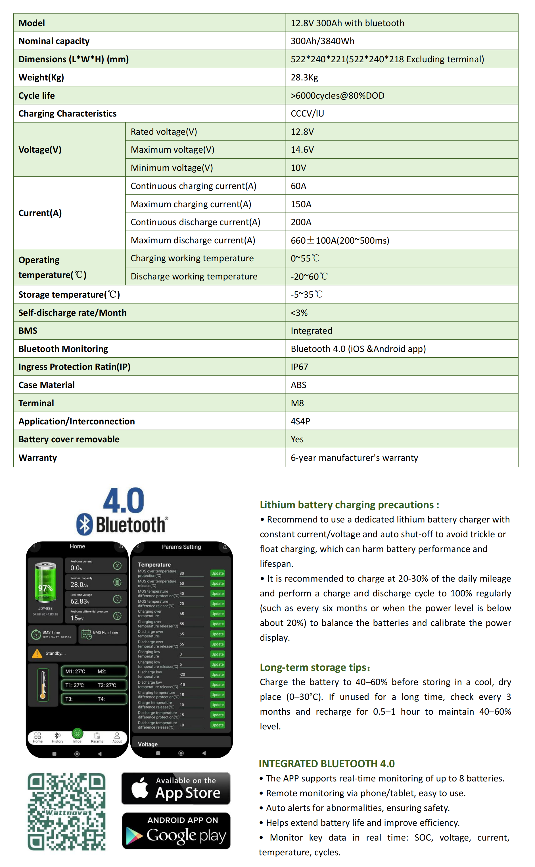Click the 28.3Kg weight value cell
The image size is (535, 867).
[x=304, y=77]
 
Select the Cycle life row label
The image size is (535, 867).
[x=36, y=96]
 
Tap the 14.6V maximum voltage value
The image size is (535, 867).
[x=302, y=150]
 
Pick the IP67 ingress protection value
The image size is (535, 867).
[x=299, y=367]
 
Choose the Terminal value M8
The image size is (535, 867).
[x=297, y=403]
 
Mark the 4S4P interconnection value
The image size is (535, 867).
[x=300, y=422]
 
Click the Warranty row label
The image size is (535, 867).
[x=37, y=458]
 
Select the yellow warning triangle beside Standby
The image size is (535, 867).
[x=37, y=654]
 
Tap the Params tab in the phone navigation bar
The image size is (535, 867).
[x=97, y=738]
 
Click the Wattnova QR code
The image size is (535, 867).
[x=66, y=811]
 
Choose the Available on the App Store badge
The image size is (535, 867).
[x=176, y=788]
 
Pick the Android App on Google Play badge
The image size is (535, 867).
[x=176, y=831]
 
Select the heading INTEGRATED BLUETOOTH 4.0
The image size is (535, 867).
[x=327, y=764]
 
